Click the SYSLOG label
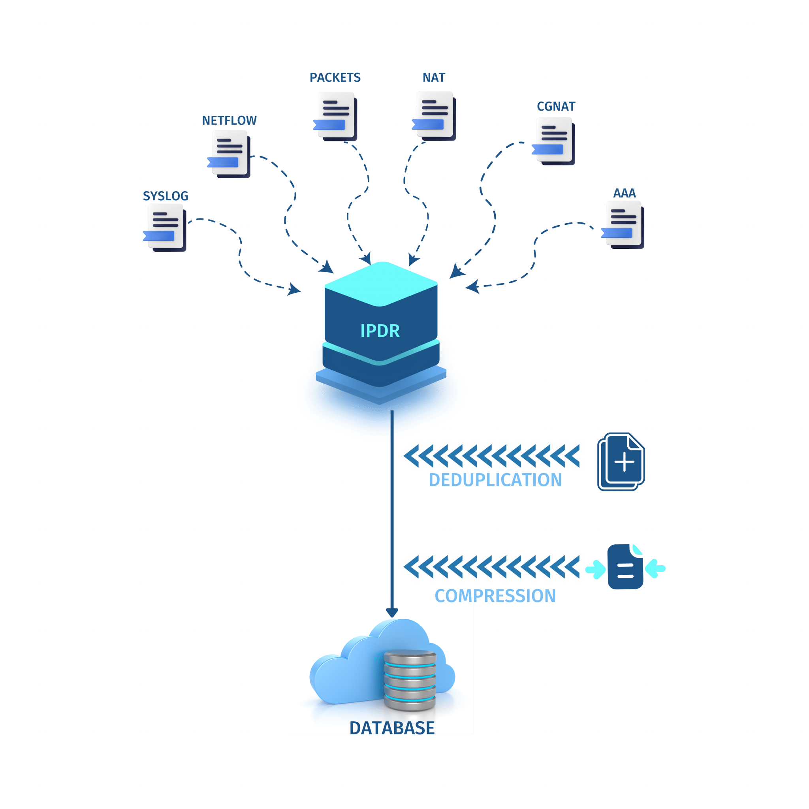166,196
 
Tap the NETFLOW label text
229,120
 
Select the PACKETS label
335,77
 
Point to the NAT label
433,77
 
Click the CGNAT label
556,107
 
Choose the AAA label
625,193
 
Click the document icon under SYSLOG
166,228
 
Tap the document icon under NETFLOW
230,154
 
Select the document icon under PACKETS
335,116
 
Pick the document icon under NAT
434,116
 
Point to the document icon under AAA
623,224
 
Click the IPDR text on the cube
380,331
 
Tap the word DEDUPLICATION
495,480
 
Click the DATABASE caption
391,728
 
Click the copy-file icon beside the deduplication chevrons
621,461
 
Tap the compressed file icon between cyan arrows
625,567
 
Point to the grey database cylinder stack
410,681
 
